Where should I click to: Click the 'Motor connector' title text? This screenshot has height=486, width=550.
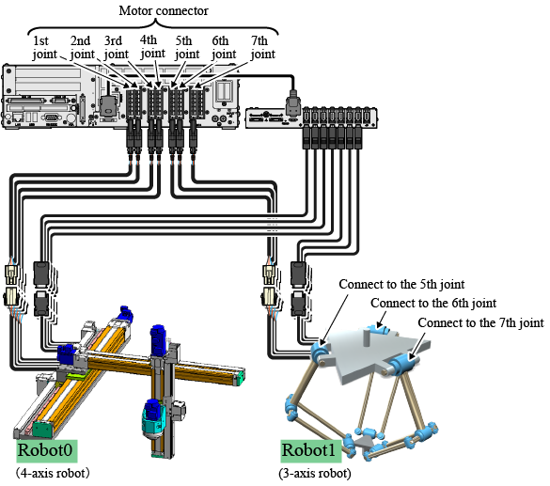[164, 11]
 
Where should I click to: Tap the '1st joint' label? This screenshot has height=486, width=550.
[44, 48]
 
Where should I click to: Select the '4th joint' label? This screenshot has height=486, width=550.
[152, 47]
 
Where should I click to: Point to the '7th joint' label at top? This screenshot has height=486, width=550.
[262, 48]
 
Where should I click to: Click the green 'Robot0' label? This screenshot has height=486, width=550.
[47, 451]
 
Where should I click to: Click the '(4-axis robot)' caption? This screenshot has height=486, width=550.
[53, 474]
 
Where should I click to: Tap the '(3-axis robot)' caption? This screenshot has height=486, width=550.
[315, 474]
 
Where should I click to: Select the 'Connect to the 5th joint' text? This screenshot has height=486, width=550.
[401, 285]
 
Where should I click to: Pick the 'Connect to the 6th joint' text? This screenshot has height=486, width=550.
[433, 304]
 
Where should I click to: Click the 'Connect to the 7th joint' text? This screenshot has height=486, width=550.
[481, 322]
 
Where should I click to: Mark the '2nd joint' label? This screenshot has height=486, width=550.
[82, 48]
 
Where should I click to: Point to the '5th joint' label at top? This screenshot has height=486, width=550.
[187, 48]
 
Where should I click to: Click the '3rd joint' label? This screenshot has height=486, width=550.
[117, 48]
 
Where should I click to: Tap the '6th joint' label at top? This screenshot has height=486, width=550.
[224, 48]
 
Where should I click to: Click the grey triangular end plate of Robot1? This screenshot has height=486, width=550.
[365, 443]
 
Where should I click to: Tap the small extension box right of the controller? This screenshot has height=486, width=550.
[311, 118]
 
